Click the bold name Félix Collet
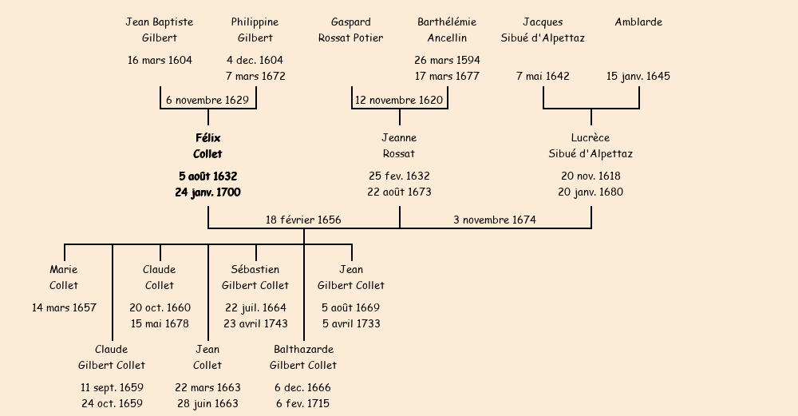coord(207,146)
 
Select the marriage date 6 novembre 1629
coord(207,101)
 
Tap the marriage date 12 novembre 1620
coord(399,101)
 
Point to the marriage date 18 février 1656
coord(303,220)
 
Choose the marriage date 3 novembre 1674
coord(495,220)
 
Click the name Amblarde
coord(638,22)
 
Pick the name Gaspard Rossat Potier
coord(350,30)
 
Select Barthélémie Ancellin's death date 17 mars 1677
coord(447,77)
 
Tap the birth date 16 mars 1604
coord(160,60)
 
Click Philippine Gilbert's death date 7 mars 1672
coord(255,77)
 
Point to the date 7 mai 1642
coord(543,77)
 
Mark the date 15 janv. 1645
coord(638,77)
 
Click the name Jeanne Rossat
coord(399,146)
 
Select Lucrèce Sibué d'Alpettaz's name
coord(591,146)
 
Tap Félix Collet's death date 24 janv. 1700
coord(207,192)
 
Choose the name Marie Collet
coord(64,278)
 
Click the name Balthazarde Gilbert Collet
coord(303,358)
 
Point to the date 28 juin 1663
coord(207,404)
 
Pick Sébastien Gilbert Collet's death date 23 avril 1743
coord(255,324)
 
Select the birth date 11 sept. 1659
coord(112,387)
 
